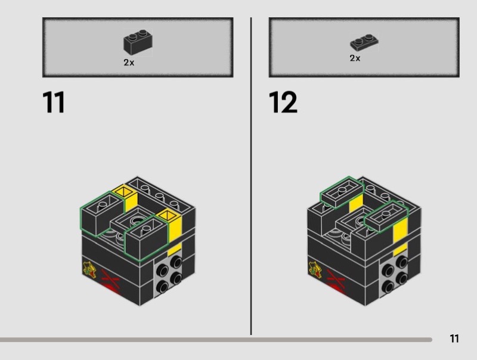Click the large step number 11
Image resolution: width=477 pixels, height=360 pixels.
(x=54, y=102)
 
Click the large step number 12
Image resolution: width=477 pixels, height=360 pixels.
(x=283, y=102)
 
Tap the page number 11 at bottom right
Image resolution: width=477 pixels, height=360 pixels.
(x=454, y=339)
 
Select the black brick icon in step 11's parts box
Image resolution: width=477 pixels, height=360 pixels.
(x=137, y=42)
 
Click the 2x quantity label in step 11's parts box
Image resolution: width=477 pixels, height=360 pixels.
(x=129, y=62)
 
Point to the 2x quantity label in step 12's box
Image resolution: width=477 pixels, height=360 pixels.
(x=355, y=58)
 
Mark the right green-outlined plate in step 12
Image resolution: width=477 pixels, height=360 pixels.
(x=386, y=216)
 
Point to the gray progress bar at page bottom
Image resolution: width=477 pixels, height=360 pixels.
(x=215, y=340)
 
